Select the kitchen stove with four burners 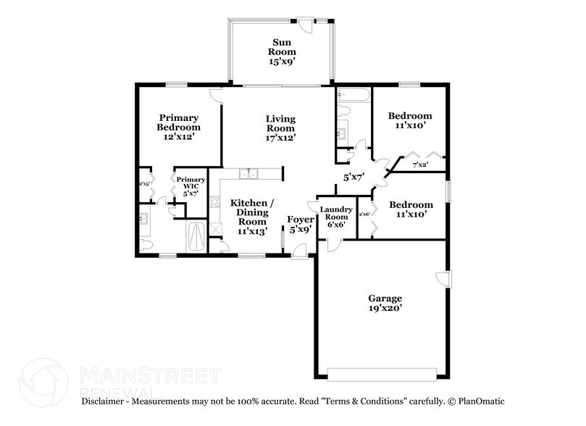(x=214, y=204)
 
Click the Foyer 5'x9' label (x=300, y=224)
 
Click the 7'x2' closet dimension (x=420, y=164)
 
